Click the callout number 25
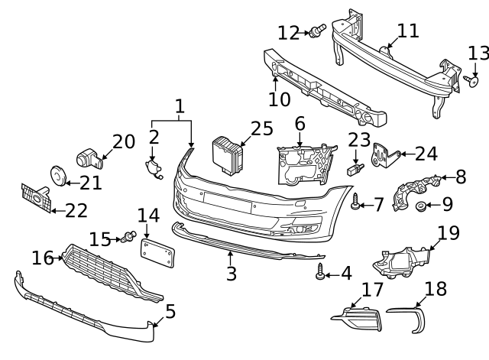coord(261,128)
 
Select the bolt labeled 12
coord(316,31)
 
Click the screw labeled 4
coord(320,272)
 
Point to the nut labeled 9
coord(421,206)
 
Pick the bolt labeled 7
coord(356,203)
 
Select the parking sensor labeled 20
coord(90,158)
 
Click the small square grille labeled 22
coord(35,199)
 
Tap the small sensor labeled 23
coord(355,167)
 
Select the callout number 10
coord(280,99)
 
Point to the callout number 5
coord(170,311)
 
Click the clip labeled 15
coord(128,238)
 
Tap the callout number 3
coord(230,273)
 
